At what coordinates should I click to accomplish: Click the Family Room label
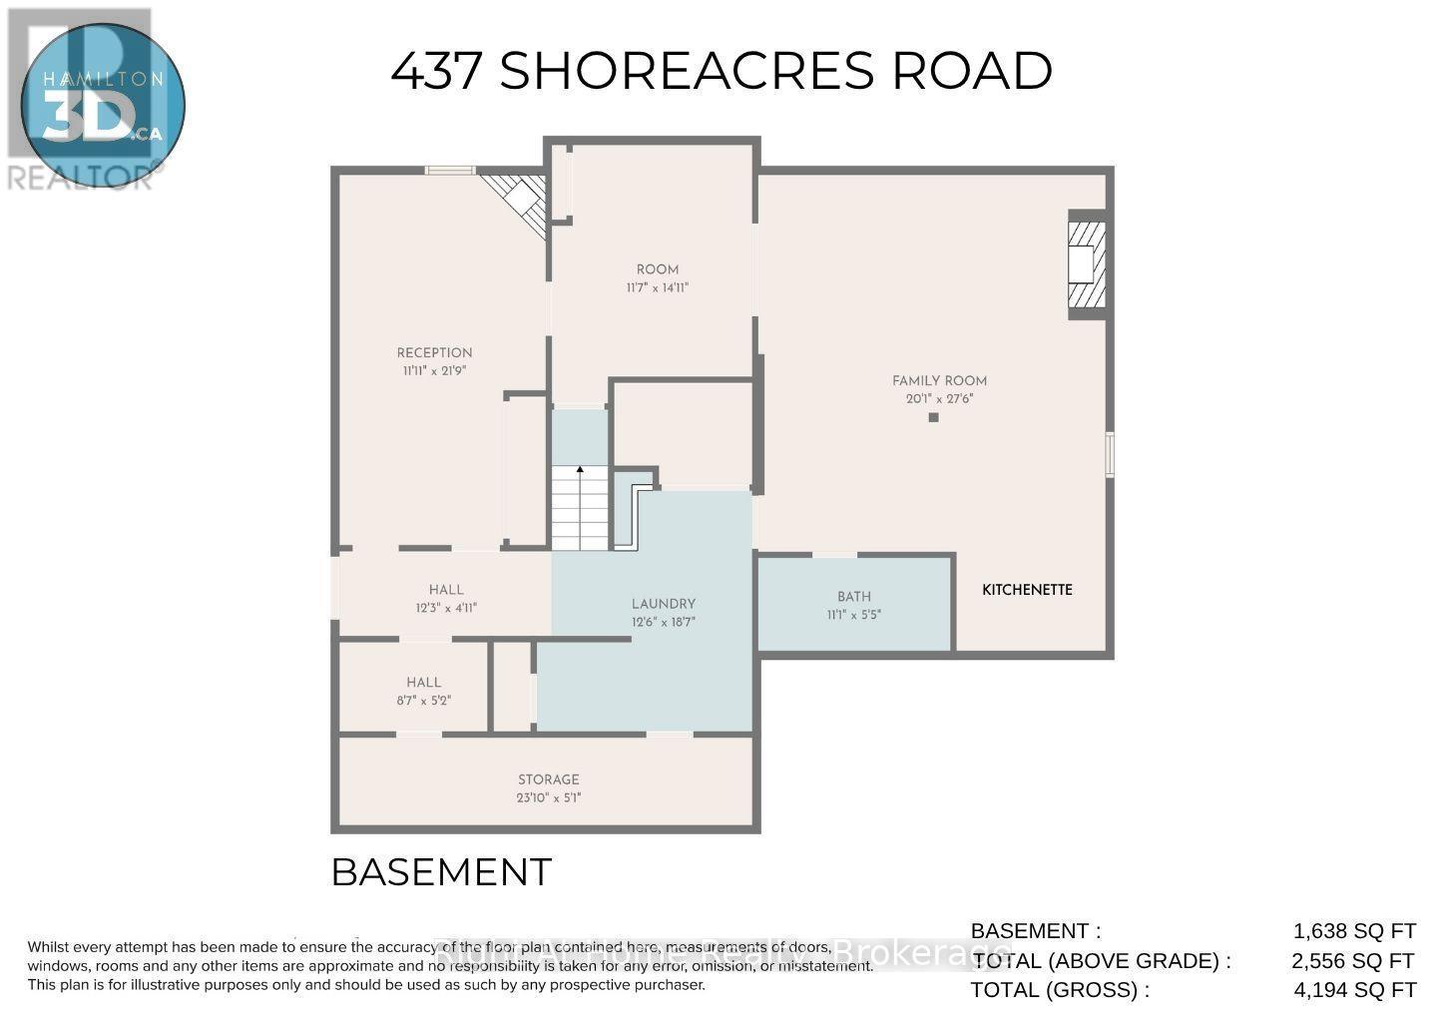click(939, 380)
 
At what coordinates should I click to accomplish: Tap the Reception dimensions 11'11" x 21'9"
click(434, 370)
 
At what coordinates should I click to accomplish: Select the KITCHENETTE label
click(1027, 590)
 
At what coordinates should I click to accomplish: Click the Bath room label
click(854, 597)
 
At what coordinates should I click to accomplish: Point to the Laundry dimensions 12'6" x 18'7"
click(663, 622)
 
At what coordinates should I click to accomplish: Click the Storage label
click(548, 779)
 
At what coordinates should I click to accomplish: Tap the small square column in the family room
click(933, 417)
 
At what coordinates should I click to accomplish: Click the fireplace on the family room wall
click(1086, 264)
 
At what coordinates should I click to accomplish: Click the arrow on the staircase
click(580, 469)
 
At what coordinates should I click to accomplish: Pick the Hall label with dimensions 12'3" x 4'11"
click(446, 590)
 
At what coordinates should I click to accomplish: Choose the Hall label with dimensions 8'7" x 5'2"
click(423, 683)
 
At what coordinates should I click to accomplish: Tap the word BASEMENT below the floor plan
click(440, 872)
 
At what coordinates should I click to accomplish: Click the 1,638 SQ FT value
click(1353, 931)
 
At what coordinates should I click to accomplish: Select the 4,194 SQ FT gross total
click(1353, 990)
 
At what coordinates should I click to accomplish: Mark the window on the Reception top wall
click(450, 171)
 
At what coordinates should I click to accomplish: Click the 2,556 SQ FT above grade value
click(1353, 961)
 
